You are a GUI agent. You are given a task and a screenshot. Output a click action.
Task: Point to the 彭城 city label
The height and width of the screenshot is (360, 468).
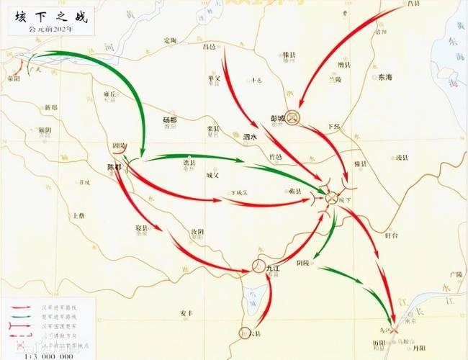click(279, 117)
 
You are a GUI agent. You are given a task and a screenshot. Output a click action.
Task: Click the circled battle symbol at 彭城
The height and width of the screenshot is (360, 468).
click(292, 117)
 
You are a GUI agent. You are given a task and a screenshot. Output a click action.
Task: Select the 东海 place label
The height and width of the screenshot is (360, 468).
click(384, 77)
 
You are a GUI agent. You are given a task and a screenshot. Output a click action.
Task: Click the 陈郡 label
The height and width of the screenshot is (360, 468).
click(114, 167)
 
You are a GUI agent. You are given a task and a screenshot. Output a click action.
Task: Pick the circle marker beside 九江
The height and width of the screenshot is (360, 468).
click(259, 267)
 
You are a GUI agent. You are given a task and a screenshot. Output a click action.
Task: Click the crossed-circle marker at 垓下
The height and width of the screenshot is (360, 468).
click(332, 197)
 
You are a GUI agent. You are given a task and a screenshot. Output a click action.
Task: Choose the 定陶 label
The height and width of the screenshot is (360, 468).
click(170, 40)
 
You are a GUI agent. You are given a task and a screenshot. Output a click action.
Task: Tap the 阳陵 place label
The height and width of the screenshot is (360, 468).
click(303, 264)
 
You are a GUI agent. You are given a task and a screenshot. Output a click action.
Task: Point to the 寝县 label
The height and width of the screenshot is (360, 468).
click(141, 228)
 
